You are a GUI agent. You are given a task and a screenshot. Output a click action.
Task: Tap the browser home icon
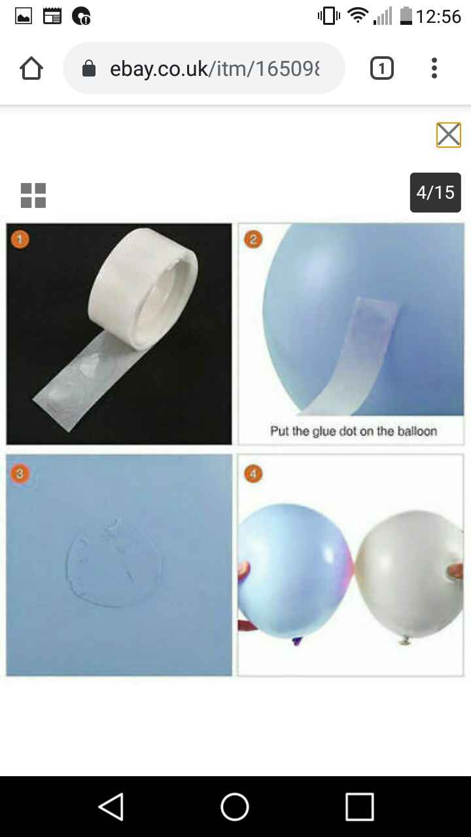[31, 68]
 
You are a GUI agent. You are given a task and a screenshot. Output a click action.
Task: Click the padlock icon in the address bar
[89, 69]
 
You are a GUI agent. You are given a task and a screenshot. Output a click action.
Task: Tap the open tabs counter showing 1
[382, 68]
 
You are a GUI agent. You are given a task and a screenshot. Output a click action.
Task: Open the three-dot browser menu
[434, 68]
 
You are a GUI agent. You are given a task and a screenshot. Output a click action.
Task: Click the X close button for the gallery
[449, 135]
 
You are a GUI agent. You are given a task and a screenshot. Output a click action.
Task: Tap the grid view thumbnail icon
[33, 196]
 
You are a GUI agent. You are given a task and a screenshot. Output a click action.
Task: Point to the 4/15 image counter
[435, 192]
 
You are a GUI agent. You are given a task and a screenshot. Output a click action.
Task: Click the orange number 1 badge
[20, 239]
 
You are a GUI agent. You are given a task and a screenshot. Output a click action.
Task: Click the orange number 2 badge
[253, 239]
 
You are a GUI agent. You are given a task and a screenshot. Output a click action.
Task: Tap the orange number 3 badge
[20, 472]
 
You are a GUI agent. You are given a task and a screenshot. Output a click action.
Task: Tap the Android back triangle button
[111, 806]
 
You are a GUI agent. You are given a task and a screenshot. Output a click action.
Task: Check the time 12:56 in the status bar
[438, 16]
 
